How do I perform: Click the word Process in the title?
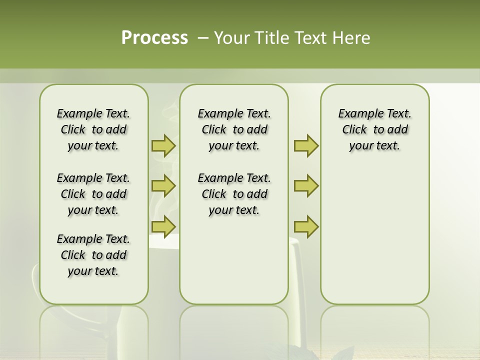pyautogui.click(x=154, y=38)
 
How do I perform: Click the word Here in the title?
pyautogui.click(x=351, y=38)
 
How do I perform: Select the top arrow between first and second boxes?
pyautogui.click(x=163, y=145)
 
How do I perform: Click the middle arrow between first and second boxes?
pyautogui.click(x=163, y=186)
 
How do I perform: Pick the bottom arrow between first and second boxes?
pyautogui.click(x=163, y=226)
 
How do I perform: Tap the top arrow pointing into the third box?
pyautogui.click(x=306, y=145)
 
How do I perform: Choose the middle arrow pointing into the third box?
pyautogui.click(x=306, y=186)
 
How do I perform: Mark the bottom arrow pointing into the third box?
pyautogui.click(x=306, y=226)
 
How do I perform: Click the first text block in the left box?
pyautogui.click(x=93, y=129)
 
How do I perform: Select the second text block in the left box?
pyautogui.click(x=93, y=194)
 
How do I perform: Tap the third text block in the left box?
pyautogui.click(x=93, y=255)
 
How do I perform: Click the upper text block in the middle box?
pyautogui.click(x=234, y=129)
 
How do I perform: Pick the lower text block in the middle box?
pyautogui.click(x=234, y=194)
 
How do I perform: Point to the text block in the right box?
pyautogui.click(x=374, y=129)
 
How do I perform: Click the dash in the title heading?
pyautogui.click(x=203, y=38)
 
